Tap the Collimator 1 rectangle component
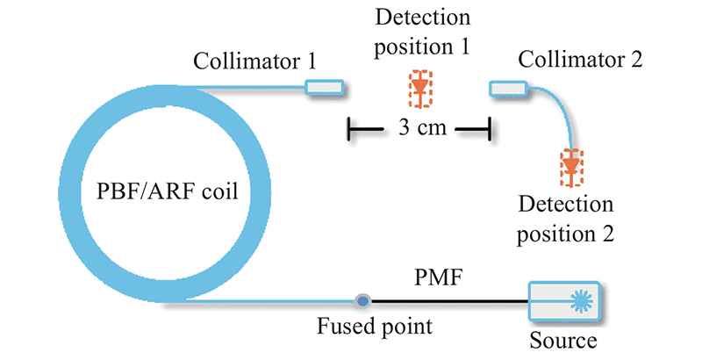tap(324, 87)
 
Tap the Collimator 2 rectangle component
tap(508, 87)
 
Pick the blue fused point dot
tap(362, 301)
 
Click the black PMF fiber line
tap(448, 301)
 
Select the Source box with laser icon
tap(562, 301)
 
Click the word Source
tap(562, 339)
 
